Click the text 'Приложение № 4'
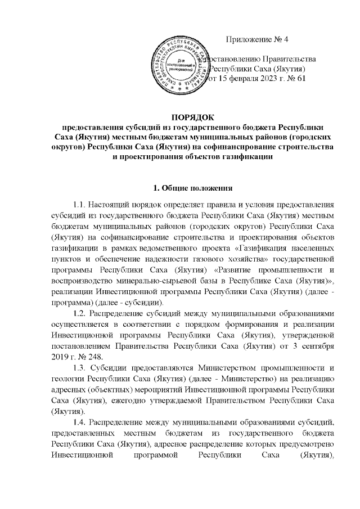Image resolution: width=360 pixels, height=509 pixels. [x=257, y=39]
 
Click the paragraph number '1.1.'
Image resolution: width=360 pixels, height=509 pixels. [x=82, y=204]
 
